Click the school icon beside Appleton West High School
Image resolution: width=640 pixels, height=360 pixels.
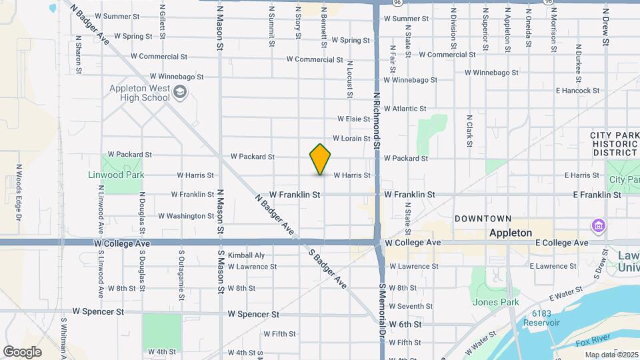click(179, 93)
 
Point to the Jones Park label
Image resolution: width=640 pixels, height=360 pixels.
click(495, 302)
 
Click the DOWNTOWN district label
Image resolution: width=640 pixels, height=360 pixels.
click(483, 219)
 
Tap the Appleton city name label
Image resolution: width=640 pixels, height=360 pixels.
click(510, 233)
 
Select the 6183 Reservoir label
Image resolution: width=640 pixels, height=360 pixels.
click(546, 318)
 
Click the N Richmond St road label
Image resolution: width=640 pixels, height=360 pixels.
click(377, 120)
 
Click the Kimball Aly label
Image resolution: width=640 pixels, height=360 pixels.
click(246, 255)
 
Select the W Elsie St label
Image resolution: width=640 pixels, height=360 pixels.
click(353, 119)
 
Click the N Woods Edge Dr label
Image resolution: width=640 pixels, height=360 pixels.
click(19, 193)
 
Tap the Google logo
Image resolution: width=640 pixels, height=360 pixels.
click(22, 351)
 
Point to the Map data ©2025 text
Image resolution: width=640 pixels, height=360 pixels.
click(611, 355)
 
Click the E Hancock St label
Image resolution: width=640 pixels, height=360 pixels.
click(577, 91)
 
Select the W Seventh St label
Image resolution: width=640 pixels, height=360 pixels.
click(406, 307)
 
